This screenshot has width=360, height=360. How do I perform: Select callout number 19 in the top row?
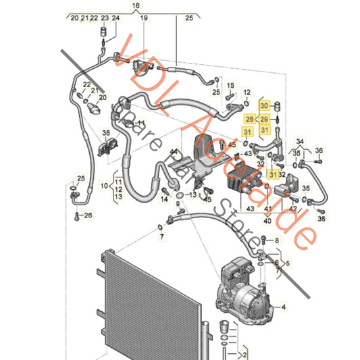tap(143, 18)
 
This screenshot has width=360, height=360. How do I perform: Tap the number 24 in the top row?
tap(115, 18)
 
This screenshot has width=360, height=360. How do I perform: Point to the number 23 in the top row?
tap(104, 18)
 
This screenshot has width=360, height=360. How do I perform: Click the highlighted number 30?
tap(265, 106)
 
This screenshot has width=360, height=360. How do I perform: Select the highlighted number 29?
tap(265, 119)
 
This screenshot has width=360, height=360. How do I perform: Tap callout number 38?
tap(106, 132)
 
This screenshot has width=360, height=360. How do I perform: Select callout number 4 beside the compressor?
tap(284, 307)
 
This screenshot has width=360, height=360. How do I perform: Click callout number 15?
tap(230, 85)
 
